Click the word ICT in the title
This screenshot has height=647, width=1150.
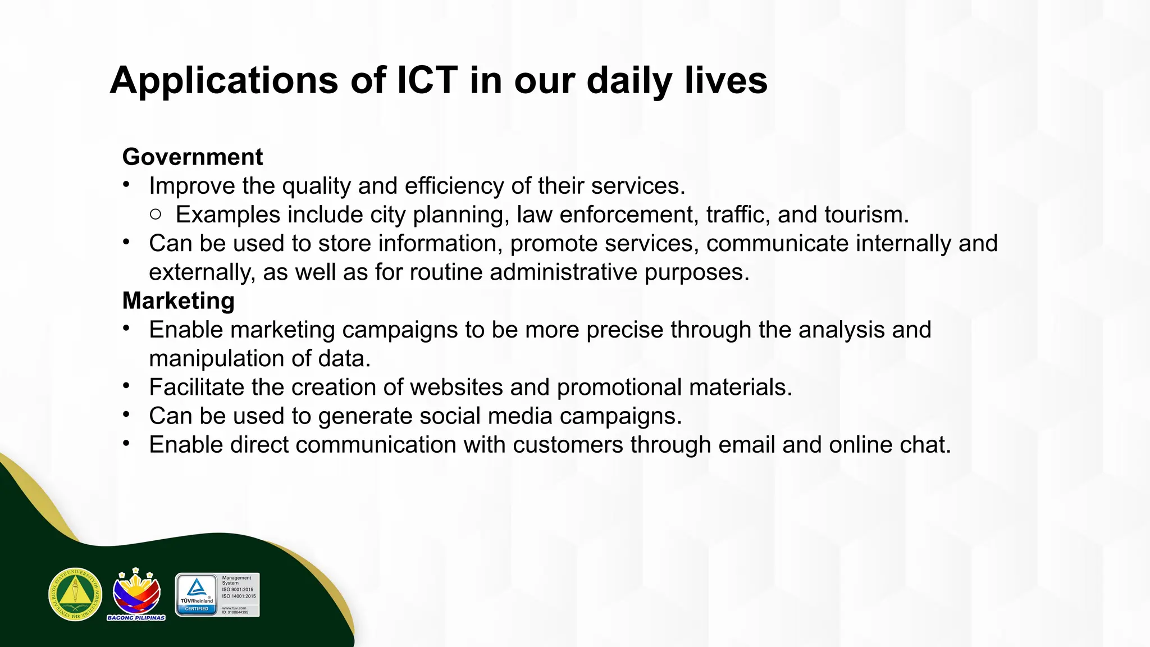427,80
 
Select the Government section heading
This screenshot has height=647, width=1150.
193,157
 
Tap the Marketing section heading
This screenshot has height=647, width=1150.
179,300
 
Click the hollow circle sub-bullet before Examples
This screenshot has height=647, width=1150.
156,214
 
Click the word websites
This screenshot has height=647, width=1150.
458,387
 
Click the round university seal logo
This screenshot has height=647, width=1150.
75,594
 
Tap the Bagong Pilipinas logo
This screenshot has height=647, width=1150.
136,594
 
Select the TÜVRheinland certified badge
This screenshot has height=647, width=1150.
197,595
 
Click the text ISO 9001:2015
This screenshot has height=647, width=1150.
238,590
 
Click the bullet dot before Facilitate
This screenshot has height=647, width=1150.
127,386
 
